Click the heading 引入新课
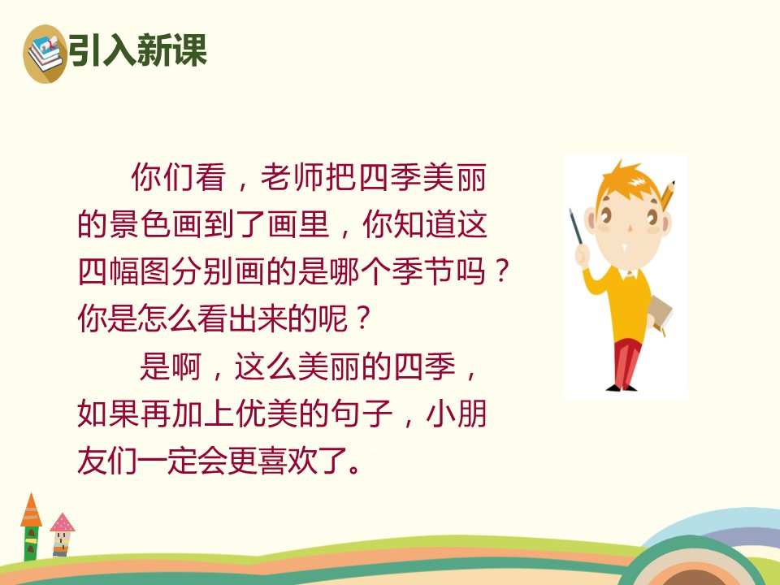click(137, 50)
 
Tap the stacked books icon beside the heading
click(45, 53)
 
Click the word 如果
click(102, 416)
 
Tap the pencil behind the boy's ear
click(669, 195)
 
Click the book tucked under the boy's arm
click(659, 314)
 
